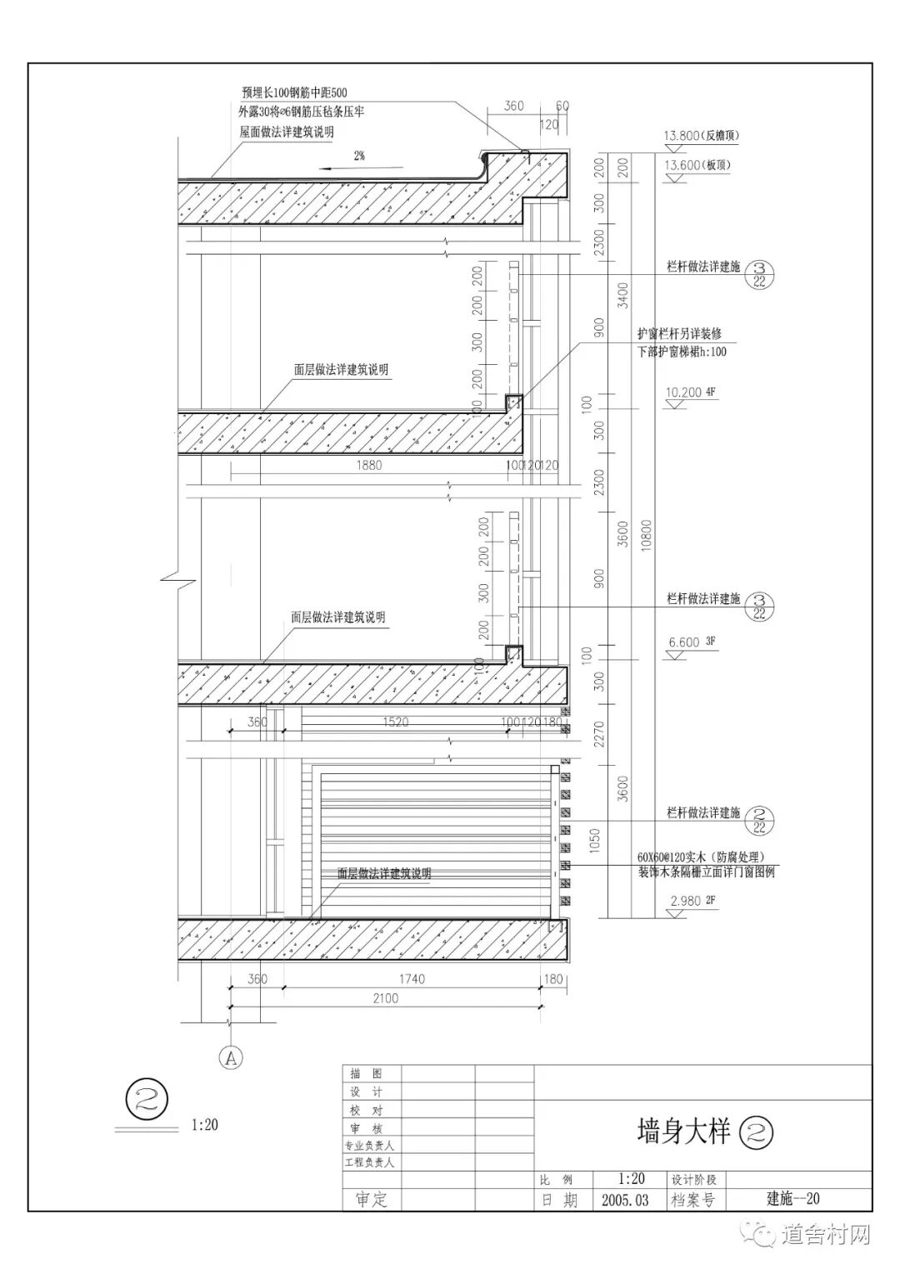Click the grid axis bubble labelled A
[230, 1057]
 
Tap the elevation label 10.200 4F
[689, 392]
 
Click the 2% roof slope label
[359, 155]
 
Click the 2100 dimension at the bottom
[384, 998]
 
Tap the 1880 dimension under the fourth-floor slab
[368, 465]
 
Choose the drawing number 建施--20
[793, 1198]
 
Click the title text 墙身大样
[683, 1132]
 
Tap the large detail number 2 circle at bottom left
[147, 1099]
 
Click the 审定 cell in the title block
[372, 1199]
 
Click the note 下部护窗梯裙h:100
[682, 352]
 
